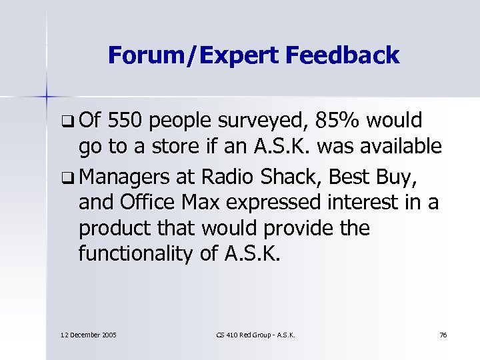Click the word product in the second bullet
[x=112, y=228]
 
